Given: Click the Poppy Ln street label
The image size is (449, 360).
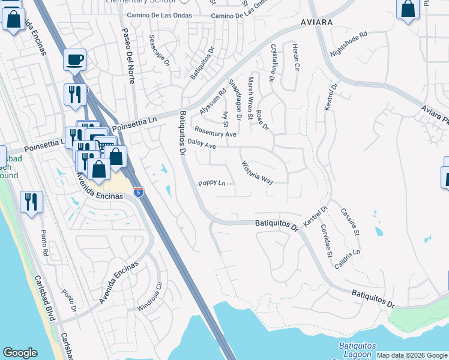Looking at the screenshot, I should [x=212, y=183].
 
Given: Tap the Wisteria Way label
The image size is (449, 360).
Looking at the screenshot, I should [x=257, y=172].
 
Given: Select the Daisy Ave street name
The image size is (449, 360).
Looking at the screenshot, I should [x=201, y=144].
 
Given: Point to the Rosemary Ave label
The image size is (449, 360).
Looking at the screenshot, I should [x=214, y=133].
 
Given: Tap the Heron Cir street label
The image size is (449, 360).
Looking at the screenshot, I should [x=295, y=58].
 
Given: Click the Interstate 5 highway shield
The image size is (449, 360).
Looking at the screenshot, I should [x=139, y=192].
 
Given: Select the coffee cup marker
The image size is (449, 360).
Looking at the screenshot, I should [x=74, y=59].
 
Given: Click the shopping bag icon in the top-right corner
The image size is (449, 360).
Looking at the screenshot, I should [x=408, y=9].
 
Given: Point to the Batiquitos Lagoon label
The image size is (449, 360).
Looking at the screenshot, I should [x=357, y=350].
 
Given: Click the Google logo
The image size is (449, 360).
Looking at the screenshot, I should [x=20, y=353].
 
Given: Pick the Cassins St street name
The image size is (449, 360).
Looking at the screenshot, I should [x=349, y=221].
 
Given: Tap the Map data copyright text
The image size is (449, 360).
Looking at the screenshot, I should [x=412, y=356].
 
